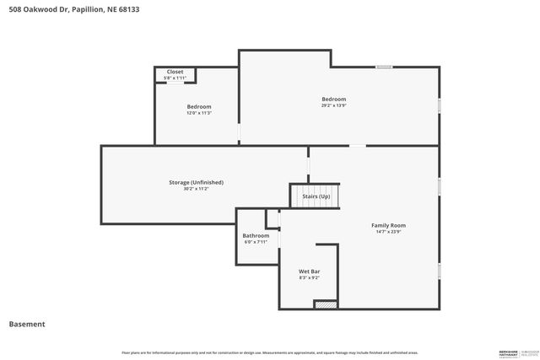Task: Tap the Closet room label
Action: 175,72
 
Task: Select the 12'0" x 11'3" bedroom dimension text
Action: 198,114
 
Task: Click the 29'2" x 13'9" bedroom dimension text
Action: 333,106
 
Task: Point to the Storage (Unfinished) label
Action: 196,182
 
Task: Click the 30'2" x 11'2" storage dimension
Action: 196,189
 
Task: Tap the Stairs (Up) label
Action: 316,196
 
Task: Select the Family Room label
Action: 388,225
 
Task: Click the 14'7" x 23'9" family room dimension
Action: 388,233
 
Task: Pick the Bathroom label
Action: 256,235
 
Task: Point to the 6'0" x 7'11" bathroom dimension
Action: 256,242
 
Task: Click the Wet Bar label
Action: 309,271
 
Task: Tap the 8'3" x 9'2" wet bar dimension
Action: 309,277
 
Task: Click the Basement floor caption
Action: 27,324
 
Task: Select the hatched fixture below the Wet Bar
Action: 326,304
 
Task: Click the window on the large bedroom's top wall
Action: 384,67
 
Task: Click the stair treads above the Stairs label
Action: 316,187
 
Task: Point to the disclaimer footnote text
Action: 269,352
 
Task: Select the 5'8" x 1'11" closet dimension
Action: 175,78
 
